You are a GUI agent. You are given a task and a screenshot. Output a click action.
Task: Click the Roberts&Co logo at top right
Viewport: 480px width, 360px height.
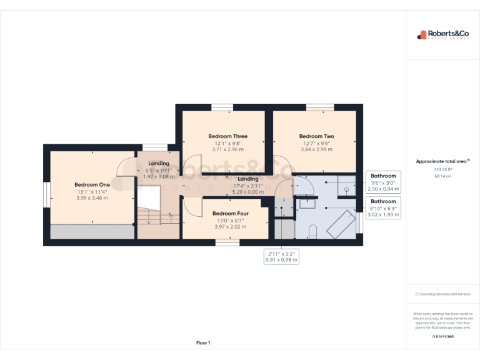click(442, 35)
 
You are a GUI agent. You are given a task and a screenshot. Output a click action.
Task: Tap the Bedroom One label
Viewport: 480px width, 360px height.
click(92, 184)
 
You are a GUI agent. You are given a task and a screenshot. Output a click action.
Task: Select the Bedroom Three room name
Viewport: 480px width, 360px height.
click(227, 136)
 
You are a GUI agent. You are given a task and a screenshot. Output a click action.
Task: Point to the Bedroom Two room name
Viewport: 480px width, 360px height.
click(316, 136)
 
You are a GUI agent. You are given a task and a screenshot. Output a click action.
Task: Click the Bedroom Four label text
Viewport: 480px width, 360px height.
click(229, 213)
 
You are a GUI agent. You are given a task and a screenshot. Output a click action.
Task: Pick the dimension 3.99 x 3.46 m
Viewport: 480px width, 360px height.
click(92, 198)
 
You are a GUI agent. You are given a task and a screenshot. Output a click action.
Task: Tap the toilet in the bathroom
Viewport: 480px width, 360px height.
click(314, 233)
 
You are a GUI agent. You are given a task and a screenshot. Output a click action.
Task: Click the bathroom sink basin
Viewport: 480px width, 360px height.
click(307, 202)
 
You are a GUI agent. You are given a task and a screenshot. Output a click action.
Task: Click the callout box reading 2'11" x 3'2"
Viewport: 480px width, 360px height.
click(281, 256)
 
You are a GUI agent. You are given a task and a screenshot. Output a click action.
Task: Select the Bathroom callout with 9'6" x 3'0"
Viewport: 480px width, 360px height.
click(383, 182)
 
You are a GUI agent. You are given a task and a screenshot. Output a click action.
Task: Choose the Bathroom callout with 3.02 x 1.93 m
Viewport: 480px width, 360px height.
click(383, 208)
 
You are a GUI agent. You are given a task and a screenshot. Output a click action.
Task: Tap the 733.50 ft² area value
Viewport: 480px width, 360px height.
click(442, 169)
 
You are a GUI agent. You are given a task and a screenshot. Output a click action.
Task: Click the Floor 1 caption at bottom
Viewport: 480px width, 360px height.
click(203, 342)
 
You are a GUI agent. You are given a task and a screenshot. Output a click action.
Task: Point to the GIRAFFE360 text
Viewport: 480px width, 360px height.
click(442, 337)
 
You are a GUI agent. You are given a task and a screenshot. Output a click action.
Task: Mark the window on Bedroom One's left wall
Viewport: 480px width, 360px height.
click(46, 194)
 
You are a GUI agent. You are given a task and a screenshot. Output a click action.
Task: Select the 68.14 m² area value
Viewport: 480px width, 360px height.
click(442, 176)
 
